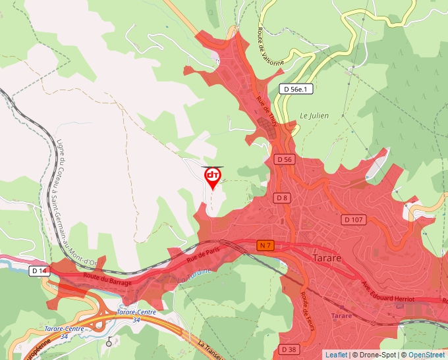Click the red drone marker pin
click(213, 177)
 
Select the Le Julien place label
click(314, 115)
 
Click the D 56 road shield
click(284, 159)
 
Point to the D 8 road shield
click(282, 197)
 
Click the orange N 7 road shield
click(266, 245)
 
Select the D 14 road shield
click(39, 270)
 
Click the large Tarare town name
click(327, 257)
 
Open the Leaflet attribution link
click(336, 355)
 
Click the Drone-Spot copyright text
click(376, 355)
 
